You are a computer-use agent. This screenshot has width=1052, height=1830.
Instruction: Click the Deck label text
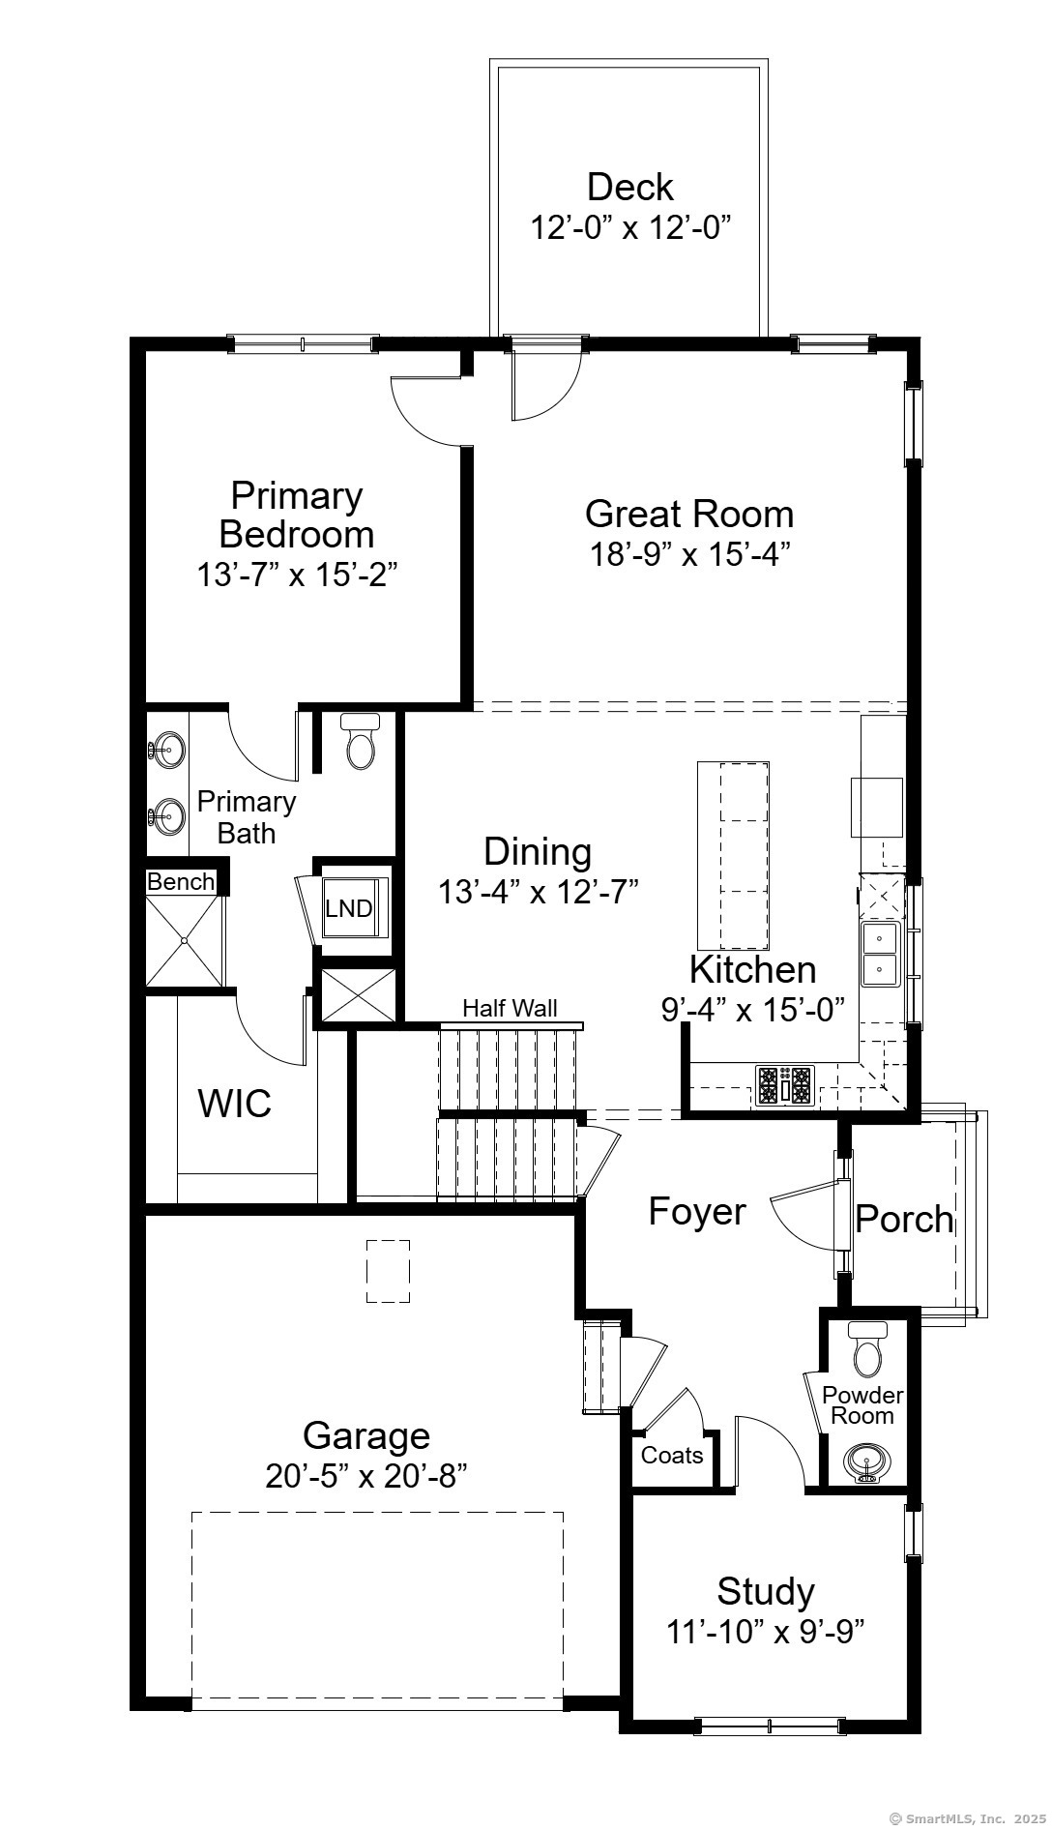[x=629, y=187]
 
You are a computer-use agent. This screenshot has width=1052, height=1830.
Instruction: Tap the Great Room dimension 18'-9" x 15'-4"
[x=690, y=554]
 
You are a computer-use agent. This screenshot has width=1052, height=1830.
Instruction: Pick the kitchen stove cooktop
[x=785, y=1084]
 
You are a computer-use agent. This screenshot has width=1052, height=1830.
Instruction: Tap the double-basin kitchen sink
[x=880, y=954]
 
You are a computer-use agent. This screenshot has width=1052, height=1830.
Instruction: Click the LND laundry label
[x=348, y=908]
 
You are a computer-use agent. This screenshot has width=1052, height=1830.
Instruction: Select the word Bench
[x=181, y=881]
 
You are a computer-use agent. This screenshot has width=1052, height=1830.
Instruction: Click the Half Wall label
[x=510, y=1008]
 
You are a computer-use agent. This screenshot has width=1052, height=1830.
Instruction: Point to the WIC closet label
[x=235, y=1103]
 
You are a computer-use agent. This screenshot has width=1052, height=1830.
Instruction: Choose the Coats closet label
[x=672, y=1455]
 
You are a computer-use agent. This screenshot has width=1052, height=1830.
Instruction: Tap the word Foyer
[x=697, y=1211]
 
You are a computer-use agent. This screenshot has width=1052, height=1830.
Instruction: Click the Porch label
[x=905, y=1219]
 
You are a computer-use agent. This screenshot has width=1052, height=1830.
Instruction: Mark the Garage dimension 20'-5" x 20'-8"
[x=366, y=1476]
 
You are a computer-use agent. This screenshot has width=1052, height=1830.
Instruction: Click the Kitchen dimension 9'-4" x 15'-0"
[x=753, y=1009]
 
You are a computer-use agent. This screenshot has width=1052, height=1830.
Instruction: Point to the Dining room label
[x=538, y=851]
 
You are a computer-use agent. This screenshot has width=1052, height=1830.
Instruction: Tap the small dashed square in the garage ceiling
[x=388, y=1271]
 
